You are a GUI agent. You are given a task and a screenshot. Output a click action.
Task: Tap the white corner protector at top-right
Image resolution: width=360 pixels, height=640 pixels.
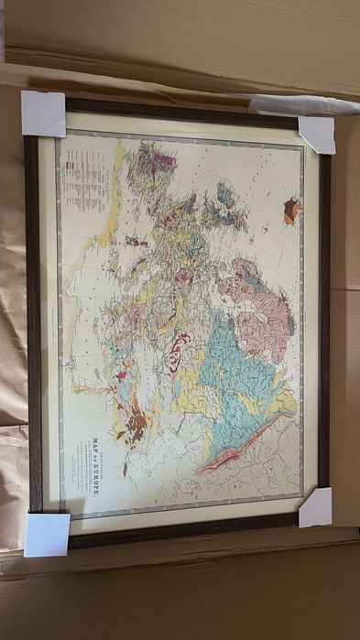(317, 133)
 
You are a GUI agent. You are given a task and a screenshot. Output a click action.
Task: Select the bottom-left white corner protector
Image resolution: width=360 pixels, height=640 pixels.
(46, 534)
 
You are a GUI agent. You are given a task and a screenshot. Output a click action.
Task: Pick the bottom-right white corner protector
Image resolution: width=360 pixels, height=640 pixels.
(315, 506)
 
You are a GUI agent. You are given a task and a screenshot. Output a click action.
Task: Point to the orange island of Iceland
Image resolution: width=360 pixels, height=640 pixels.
(292, 211)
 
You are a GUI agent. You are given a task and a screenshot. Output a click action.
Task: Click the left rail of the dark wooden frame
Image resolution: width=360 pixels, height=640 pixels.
(32, 320)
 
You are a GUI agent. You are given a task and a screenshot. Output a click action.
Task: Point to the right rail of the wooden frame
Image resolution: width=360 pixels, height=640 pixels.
(324, 320)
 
